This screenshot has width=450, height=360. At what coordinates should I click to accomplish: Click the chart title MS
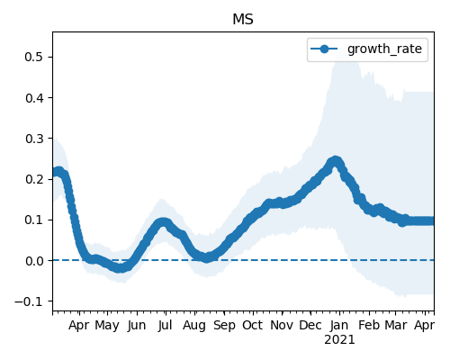243,20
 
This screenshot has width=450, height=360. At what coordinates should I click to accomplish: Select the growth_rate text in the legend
384,49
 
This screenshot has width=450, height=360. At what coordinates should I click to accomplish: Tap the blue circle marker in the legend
324,49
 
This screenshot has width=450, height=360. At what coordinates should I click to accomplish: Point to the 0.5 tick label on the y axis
34,57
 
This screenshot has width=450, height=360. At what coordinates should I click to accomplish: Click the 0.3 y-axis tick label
34,139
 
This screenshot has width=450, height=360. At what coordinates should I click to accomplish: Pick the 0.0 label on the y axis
34,261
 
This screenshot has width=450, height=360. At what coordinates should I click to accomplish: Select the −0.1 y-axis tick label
29,301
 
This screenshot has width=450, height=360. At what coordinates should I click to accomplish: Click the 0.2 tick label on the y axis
34,179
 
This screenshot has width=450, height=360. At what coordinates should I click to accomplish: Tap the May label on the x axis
107,326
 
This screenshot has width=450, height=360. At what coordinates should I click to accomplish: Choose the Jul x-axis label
166,325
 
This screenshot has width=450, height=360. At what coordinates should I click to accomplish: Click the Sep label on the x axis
224,326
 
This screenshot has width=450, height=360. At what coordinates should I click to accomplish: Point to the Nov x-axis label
282,325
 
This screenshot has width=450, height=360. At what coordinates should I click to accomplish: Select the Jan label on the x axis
339,325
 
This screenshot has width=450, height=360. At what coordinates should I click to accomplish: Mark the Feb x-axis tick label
369,325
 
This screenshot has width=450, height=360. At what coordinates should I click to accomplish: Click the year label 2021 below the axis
339,340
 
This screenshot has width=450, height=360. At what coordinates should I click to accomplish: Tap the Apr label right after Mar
424,326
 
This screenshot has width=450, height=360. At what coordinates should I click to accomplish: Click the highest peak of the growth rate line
336,162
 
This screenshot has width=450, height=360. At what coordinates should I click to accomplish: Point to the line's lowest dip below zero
120,267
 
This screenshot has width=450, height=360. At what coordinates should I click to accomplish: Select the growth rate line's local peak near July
163,223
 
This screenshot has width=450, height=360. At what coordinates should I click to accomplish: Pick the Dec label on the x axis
310,325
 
